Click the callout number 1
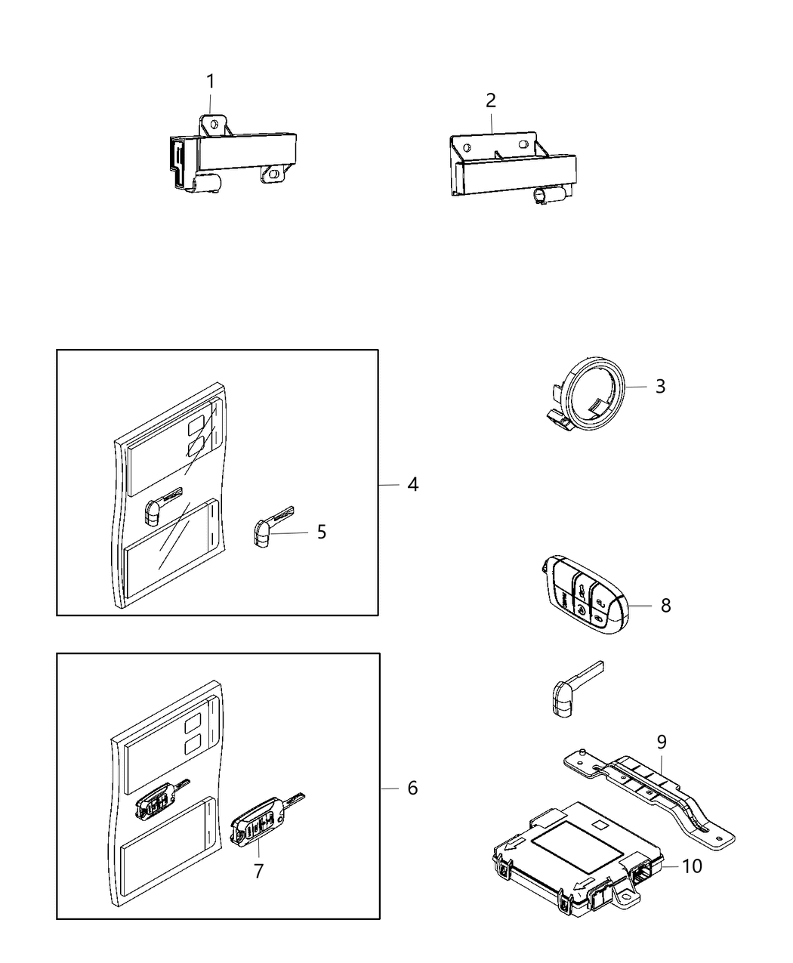(x=211, y=82)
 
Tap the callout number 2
(x=491, y=100)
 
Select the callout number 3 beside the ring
(x=660, y=387)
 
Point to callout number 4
(x=412, y=484)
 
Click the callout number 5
(x=322, y=532)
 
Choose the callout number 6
(x=412, y=788)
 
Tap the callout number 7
(x=258, y=871)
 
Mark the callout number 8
(x=665, y=605)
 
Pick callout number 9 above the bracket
(x=662, y=742)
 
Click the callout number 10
(x=692, y=866)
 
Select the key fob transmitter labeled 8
(x=585, y=594)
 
